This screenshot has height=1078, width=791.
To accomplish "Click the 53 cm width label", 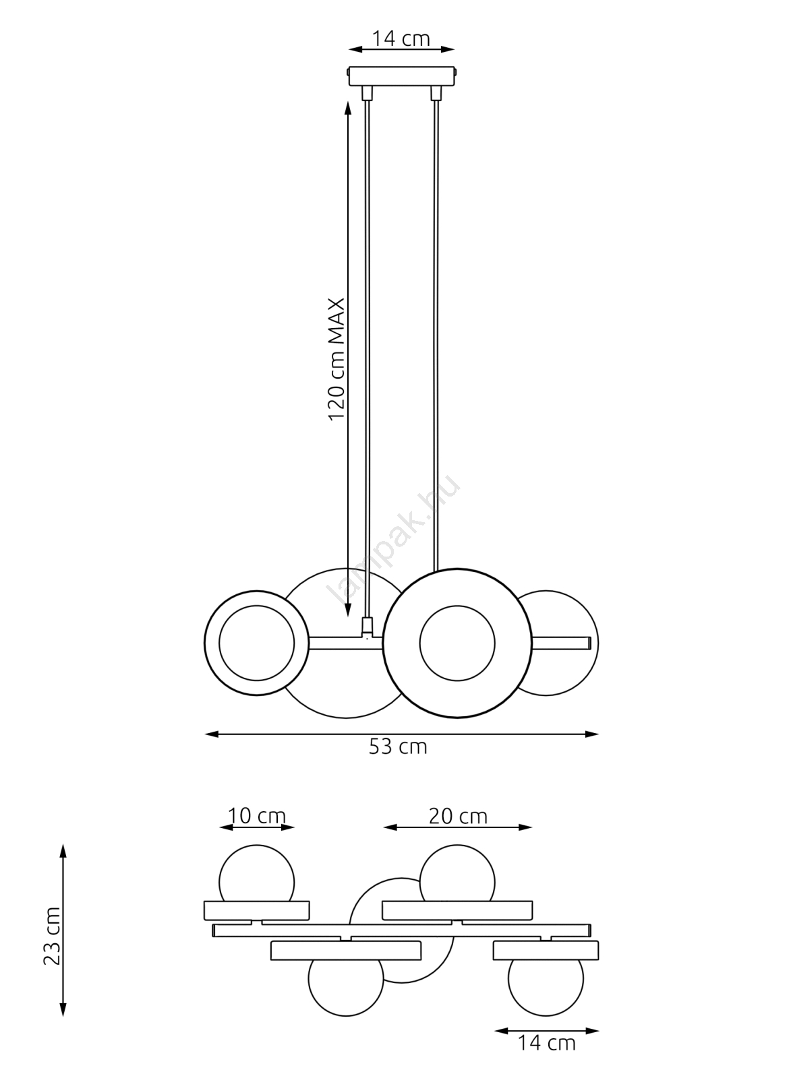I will coord(398,747).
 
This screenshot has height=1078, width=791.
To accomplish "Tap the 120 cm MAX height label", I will coord(336,358).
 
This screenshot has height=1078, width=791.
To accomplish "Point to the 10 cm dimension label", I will coord(257,816).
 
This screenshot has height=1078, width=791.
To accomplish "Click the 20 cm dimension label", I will coord(458,816).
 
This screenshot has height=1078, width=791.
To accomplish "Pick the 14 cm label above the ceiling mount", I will coord(401,39).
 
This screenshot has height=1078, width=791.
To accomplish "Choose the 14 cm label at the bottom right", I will coord(546,1043).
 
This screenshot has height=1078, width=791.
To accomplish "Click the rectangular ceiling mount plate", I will coord(401,75).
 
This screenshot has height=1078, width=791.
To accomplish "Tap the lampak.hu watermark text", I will coord(394,539).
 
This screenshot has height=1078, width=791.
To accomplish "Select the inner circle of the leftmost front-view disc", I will coord(256,643).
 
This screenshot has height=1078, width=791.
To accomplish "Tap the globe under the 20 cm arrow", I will coord(457,873).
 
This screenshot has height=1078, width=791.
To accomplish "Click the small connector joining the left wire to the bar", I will coord(367,627).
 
